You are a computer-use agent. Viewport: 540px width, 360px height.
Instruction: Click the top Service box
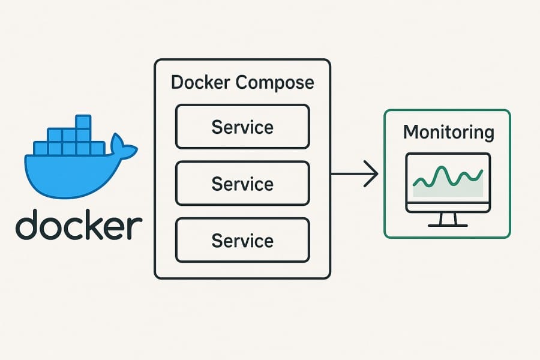(x=242, y=127)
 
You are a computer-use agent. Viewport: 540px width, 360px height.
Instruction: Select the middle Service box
(x=242, y=183)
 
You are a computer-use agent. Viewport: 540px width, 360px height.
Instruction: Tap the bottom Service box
(x=242, y=240)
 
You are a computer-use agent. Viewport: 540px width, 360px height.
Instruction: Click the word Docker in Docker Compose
(x=201, y=82)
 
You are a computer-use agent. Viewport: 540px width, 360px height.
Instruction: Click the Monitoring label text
(x=448, y=132)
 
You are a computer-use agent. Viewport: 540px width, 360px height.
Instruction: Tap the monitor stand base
(x=448, y=225)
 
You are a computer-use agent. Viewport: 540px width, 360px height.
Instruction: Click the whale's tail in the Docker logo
(x=123, y=147)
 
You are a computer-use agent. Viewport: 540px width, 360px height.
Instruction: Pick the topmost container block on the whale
(x=83, y=122)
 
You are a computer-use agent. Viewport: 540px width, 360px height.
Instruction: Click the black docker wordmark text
(x=79, y=224)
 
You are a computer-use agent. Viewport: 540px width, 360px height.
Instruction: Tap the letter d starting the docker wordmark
(x=28, y=224)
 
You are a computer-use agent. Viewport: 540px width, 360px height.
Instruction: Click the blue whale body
(x=66, y=174)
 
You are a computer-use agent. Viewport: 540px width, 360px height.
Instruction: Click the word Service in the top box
(x=242, y=127)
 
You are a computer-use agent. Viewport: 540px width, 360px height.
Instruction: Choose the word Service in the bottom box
(x=242, y=241)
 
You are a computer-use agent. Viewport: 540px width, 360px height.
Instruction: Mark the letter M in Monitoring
(x=411, y=131)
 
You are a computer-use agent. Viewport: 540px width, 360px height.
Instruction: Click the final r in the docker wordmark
(x=136, y=228)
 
